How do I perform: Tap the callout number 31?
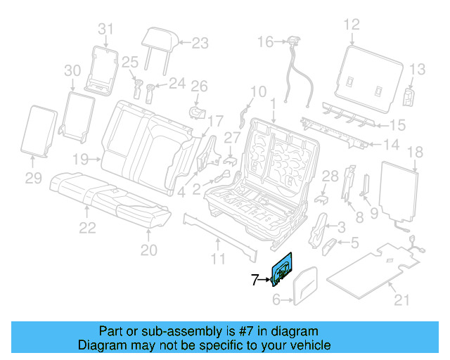point(105,29)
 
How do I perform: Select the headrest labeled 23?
point(158,41)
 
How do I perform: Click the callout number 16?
point(264,42)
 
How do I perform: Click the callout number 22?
point(86,227)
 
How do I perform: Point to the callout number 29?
point(34,179)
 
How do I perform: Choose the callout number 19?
point(80,159)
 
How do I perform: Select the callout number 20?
point(150,250)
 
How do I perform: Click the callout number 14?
point(391,145)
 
